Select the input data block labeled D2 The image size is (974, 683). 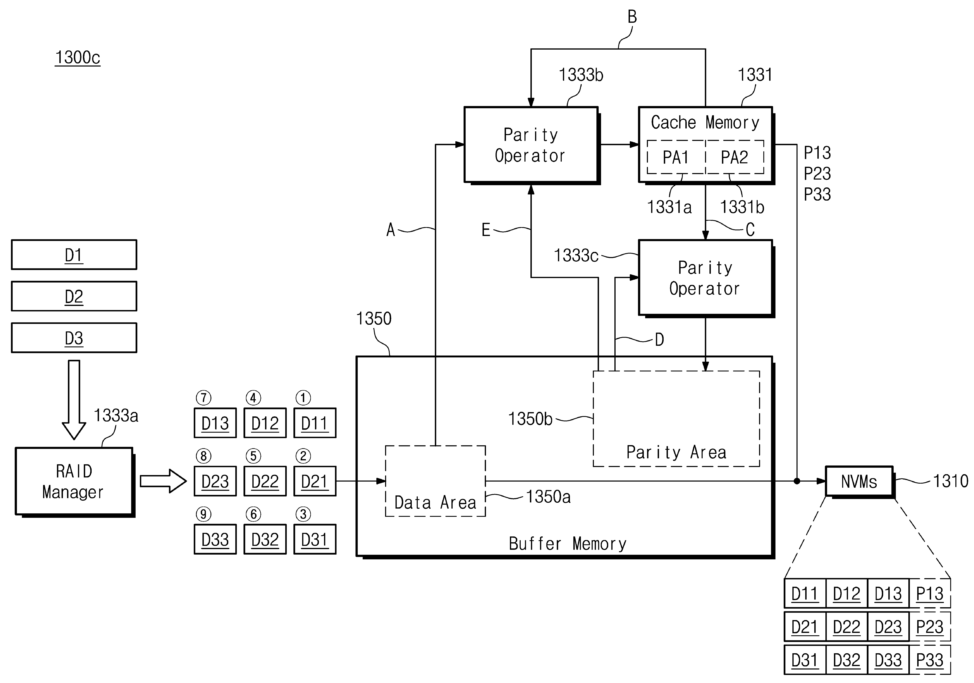74,296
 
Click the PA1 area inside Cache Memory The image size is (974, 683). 676,157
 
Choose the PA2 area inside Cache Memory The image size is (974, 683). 734,157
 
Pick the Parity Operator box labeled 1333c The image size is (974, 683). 705,278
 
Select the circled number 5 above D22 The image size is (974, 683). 253,456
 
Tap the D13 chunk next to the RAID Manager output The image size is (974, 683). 215,423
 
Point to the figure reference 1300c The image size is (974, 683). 78,57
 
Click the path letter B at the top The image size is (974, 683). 632,17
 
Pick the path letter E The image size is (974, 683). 486,230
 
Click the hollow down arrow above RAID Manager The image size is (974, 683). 74,399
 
